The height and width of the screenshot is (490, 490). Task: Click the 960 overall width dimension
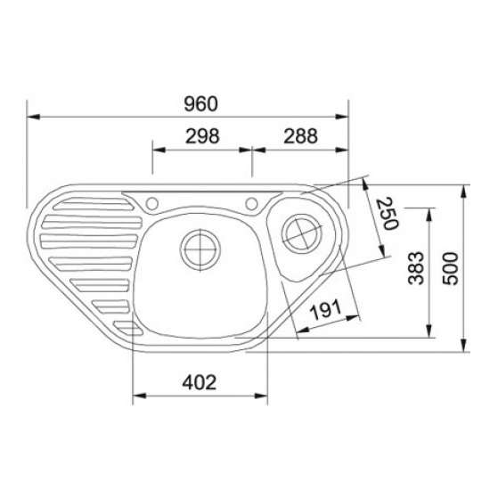200,104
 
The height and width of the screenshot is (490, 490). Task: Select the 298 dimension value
202,136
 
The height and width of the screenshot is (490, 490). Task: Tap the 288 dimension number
300,136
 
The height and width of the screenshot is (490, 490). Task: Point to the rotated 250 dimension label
388,214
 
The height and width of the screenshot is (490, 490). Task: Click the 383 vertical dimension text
416,268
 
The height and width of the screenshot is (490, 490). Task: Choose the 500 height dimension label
450,268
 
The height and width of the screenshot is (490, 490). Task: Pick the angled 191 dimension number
326,310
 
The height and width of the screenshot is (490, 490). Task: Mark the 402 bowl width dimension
200,382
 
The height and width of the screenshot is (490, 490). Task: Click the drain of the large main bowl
200,249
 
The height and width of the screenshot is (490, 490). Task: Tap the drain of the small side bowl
301,233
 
